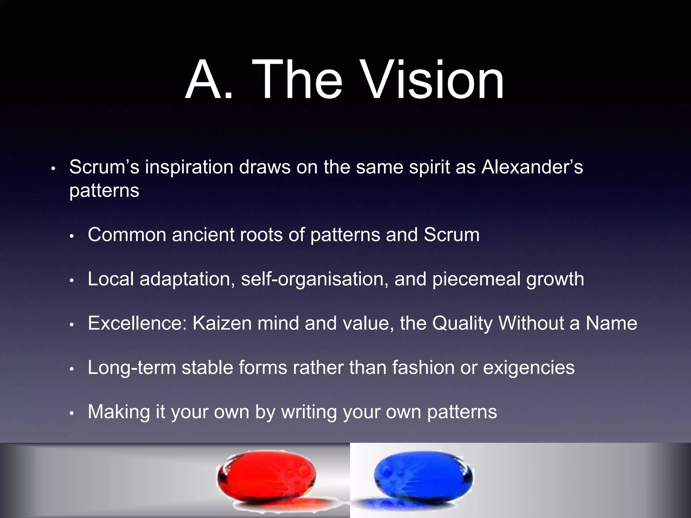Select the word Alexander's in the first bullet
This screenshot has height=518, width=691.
click(x=532, y=167)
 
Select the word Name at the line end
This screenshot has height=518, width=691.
click(x=611, y=323)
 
